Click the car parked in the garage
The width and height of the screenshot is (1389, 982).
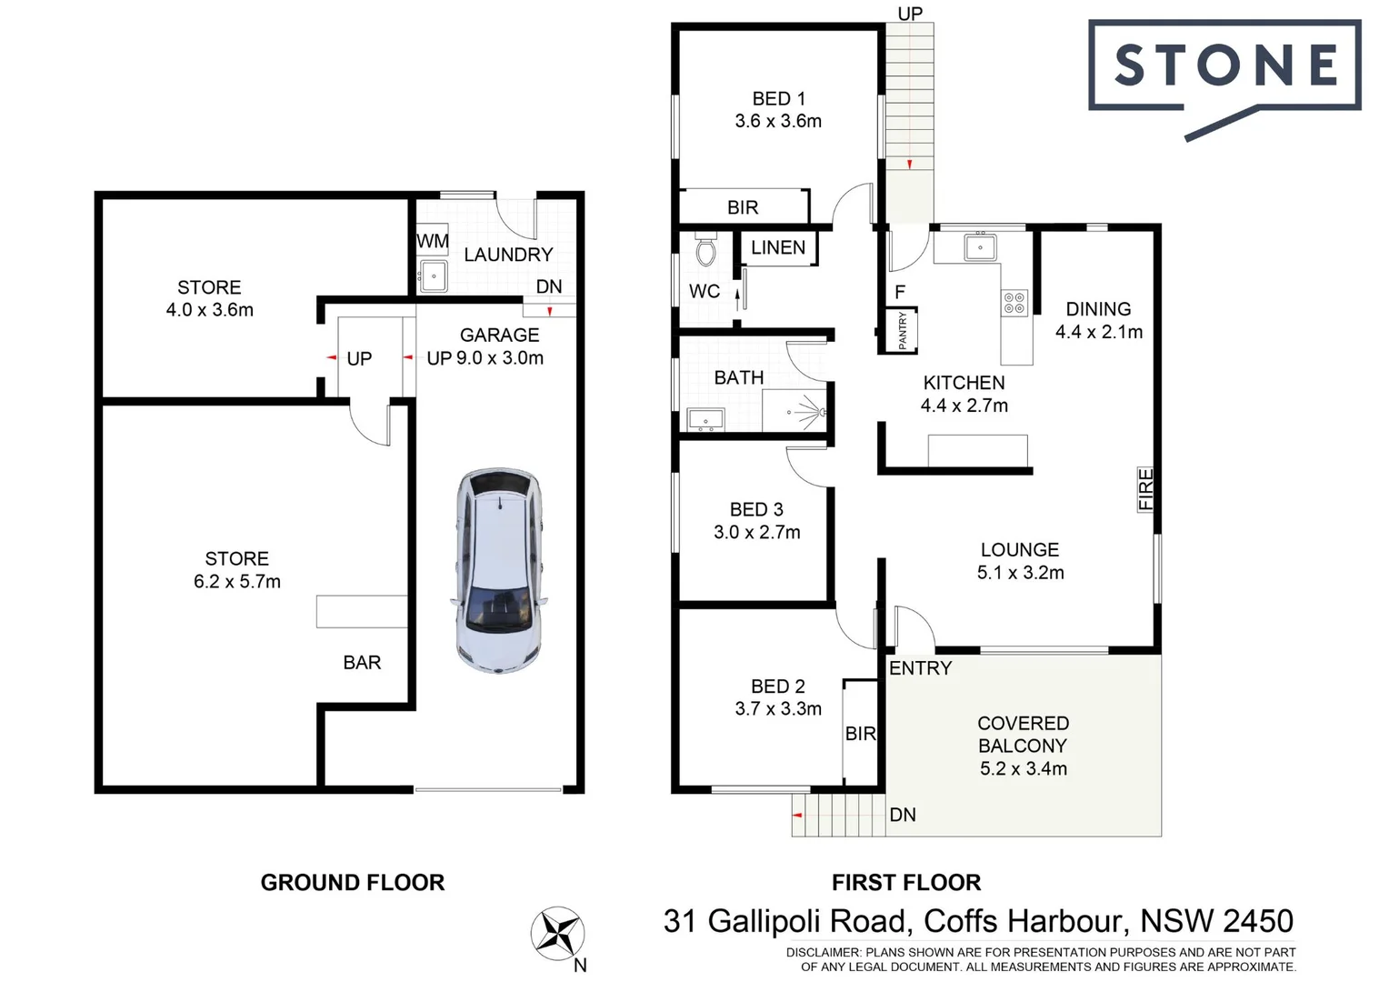tap(499, 570)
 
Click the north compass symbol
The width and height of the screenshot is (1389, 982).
tap(556, 933)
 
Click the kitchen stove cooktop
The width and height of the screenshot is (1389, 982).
tap(1014, 303)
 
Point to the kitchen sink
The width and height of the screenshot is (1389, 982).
tap(980, 247)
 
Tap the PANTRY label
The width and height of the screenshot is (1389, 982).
tap(903, 330)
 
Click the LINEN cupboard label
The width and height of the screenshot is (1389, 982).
tap(778, 247)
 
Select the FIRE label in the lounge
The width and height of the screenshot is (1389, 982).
tap(1146, 489)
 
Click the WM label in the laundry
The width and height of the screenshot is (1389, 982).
tap(433, 241)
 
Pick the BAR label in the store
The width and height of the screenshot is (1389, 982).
tap(362, 663)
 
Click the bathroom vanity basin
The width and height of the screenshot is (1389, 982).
tap(705, 420)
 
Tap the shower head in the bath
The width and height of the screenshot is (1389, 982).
tap(821, 413)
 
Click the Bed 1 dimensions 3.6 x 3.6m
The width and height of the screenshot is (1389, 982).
tap(778, 121)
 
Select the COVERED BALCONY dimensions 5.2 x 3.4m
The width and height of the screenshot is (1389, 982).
tap(1023, 768)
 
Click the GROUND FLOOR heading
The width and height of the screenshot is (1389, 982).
tap(353, 882)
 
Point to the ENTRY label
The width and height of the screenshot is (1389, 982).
tap(920, 668)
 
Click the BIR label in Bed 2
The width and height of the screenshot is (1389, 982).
tap(860, 734)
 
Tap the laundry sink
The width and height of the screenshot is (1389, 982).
tap(433, 276)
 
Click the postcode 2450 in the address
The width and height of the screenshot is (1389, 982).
tap(1257, 921)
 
